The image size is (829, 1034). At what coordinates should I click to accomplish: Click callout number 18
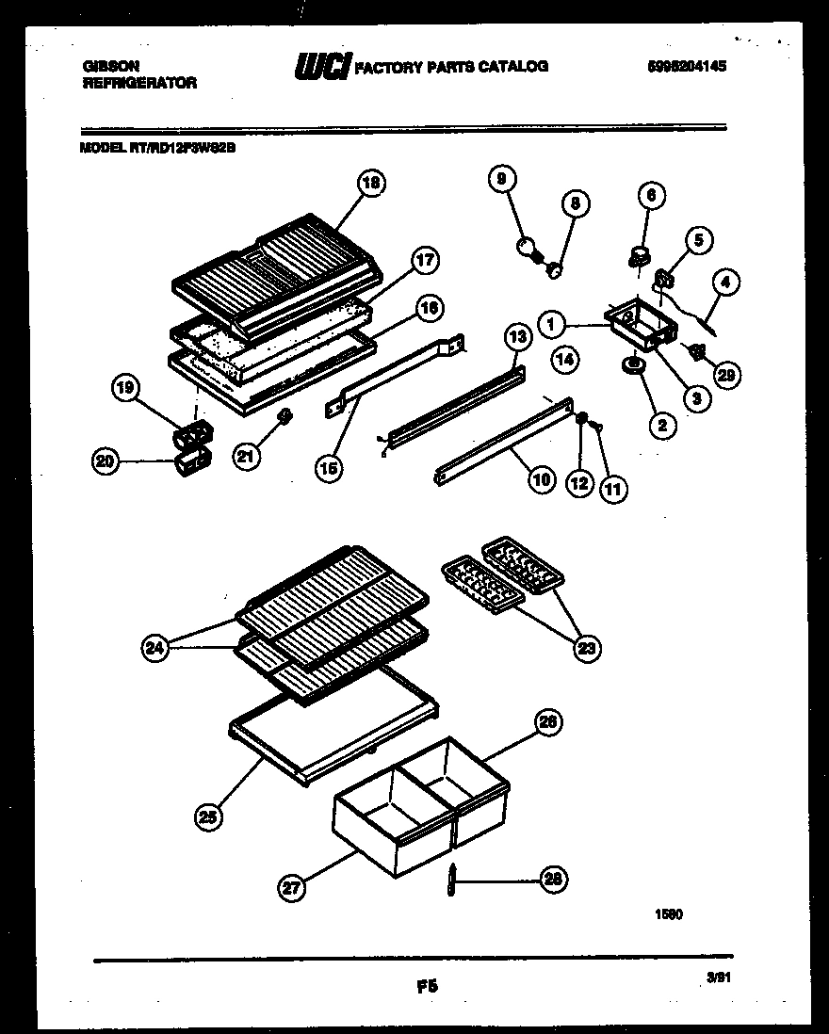[x=371, y=183]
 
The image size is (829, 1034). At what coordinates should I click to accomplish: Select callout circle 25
[x=210, y=817]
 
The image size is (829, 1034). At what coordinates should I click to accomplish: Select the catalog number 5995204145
[x=688, y=67]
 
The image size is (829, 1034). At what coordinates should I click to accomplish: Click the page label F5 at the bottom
[x=427, y=987]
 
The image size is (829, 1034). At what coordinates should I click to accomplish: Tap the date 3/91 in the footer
[x=719, y=978]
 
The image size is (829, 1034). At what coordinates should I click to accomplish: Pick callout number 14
[x=563, y=358]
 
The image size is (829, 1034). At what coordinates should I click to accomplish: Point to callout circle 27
[x=292, y=886]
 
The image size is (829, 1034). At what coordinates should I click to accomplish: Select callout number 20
[x=106, y=460]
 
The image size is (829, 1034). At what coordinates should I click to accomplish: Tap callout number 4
[x=725, y=281]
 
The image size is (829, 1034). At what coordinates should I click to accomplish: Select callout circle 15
[x=329, y=468]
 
